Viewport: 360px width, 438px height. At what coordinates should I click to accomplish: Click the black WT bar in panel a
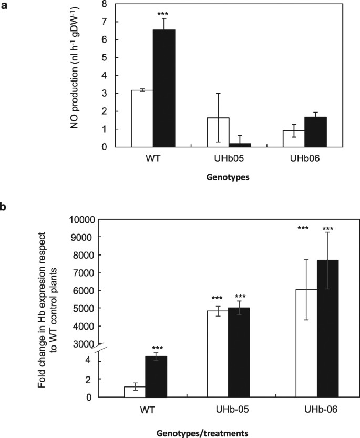pos(163,88)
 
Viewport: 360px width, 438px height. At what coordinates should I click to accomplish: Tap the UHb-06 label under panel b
pos(316,409)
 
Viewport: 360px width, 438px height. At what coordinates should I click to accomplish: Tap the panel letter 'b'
pos(4,193)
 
